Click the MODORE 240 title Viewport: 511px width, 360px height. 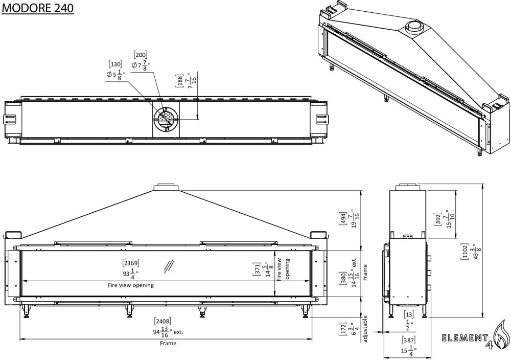coord(37,8)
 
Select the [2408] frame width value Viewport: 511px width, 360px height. coord(163,322)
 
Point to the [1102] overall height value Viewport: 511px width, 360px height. coord(464,252)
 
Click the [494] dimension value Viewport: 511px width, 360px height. coord(342,220)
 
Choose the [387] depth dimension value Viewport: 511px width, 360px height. coord(409,340)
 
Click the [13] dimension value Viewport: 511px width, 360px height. coord(409,314)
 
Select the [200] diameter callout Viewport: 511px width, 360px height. coord(141,54)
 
